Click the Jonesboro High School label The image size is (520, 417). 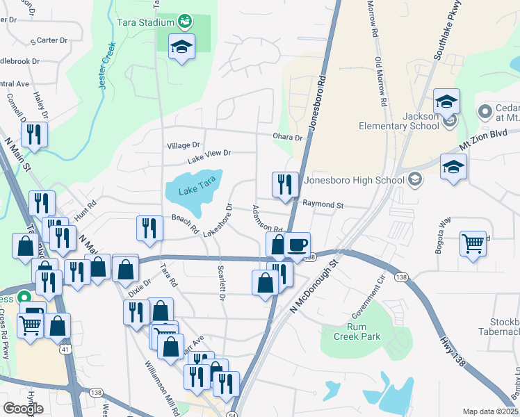click(x=355, y=180)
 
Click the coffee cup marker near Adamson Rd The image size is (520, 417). click(x=297, y=245)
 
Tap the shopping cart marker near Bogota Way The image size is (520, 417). click(x=473, y=244)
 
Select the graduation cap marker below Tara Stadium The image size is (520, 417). click(x=182, y=47)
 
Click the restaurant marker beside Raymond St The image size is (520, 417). click(x=285, y=185)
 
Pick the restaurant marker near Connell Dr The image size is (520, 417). click(x=34, y=135)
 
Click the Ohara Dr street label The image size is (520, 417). click(x=289, y=138)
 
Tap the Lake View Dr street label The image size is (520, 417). click(x=209, y=152)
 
